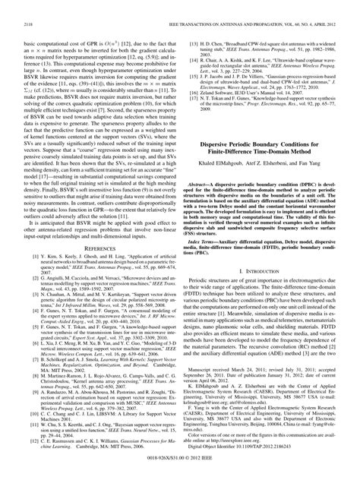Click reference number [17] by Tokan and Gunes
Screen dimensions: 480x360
194,90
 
